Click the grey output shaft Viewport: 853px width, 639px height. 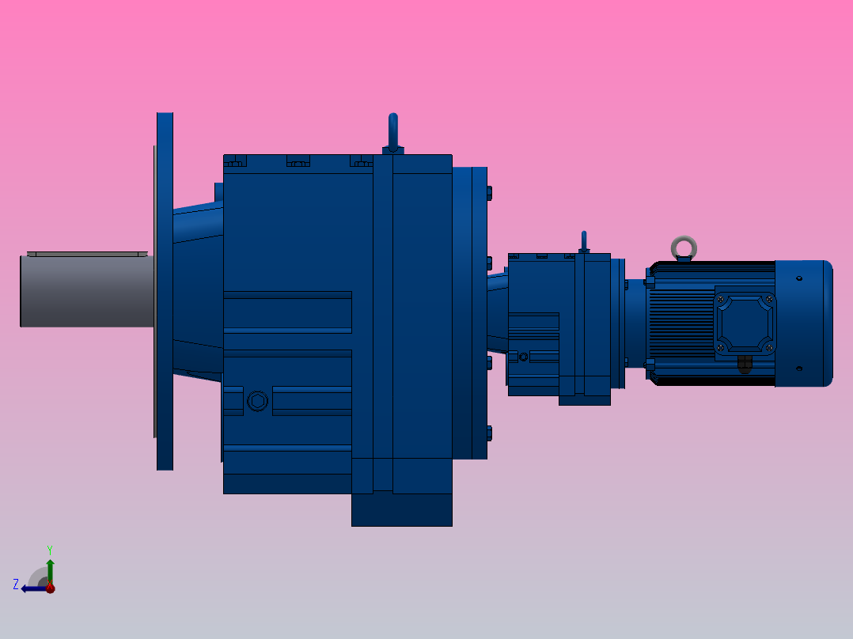coord(87,290)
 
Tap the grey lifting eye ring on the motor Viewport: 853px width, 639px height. coord(684,248)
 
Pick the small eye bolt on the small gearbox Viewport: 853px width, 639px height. coord(584,240)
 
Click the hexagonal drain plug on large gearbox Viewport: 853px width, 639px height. coord(257,401)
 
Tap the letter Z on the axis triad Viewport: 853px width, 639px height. coord(16,584)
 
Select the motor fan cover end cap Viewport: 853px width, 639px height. coord(804,323)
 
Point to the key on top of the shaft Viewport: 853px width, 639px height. coord(87,254)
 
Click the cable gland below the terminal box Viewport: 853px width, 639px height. coord(744,365)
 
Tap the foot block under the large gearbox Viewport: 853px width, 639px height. coord(401,509)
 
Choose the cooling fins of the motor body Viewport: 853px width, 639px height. coord(681,316)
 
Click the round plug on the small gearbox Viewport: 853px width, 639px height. coord(523,357)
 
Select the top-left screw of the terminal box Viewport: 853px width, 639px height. coord(720,298)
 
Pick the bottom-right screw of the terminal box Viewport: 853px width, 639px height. coord(768,347)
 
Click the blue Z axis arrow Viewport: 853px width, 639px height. coord(33,588)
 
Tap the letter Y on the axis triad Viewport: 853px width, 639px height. coord(49,548)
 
